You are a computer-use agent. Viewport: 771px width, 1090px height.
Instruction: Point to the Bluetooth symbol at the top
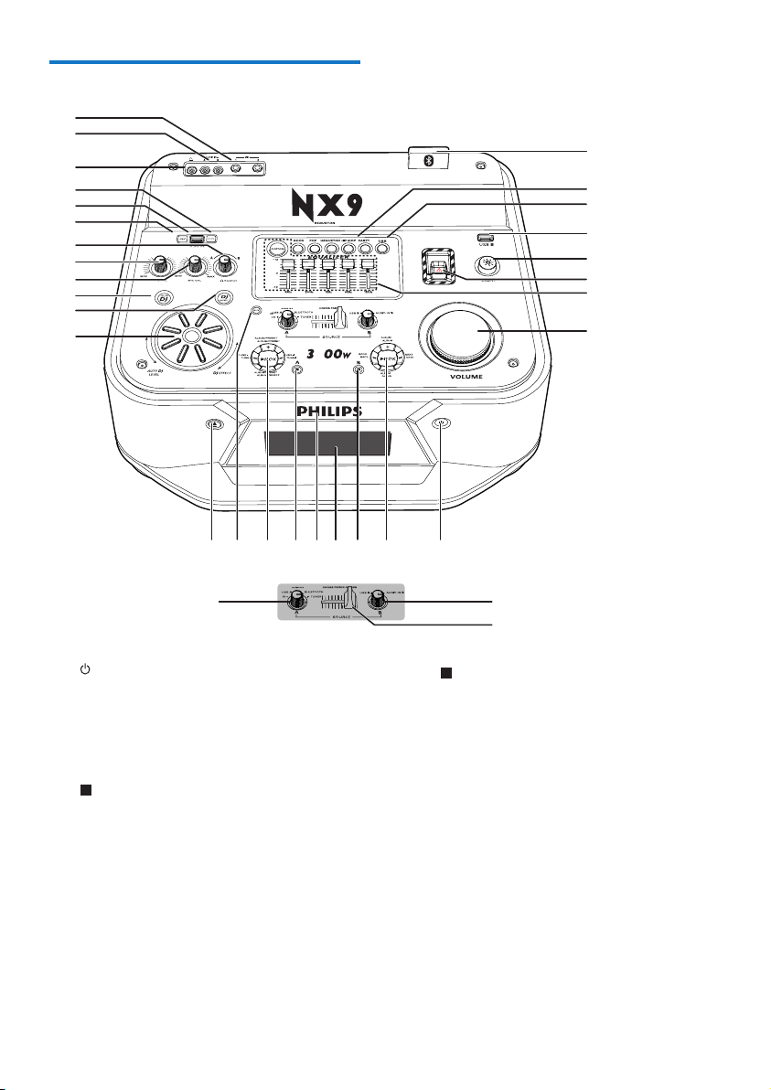428,160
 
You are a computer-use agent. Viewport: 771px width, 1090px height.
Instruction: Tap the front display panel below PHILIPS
326,446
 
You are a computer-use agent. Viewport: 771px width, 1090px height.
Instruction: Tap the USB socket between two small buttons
197,240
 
